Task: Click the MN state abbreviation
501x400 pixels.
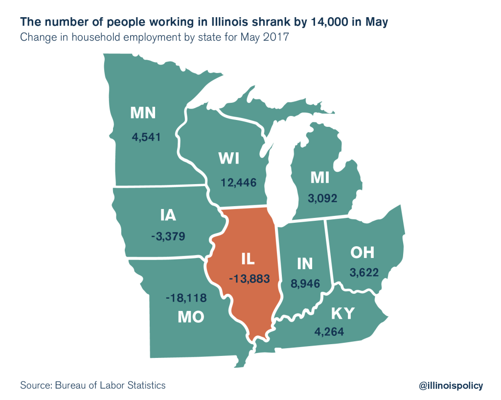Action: pos(142,114)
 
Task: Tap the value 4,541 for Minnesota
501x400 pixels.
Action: pos(146,137)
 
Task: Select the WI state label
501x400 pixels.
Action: pos(232,159)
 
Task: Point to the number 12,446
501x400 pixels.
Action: pos(238,182)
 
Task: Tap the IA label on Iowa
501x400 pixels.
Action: pos(168,215)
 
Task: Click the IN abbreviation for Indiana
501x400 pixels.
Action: pos(304,264)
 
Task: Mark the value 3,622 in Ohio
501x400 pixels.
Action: pos(364,273)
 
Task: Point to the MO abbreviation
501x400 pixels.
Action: pos(190,317)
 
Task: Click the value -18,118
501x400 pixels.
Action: pos(186,298)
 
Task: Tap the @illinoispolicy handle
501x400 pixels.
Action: pos(451,386)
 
